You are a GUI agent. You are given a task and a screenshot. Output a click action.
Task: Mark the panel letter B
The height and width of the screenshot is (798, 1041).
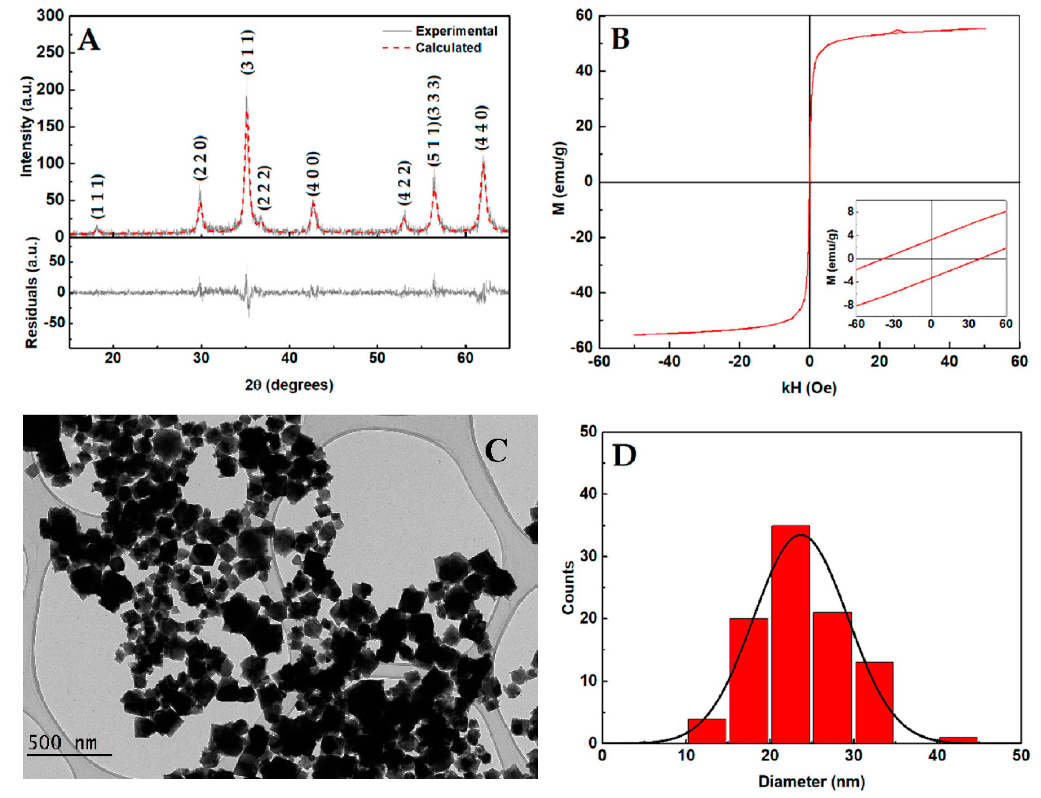pos(621,39)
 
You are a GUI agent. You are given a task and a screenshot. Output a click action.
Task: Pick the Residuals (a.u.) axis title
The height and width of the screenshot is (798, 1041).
pos(31,293)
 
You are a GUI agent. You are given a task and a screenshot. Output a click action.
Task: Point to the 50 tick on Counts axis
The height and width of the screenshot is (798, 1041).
pos(589,432)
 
